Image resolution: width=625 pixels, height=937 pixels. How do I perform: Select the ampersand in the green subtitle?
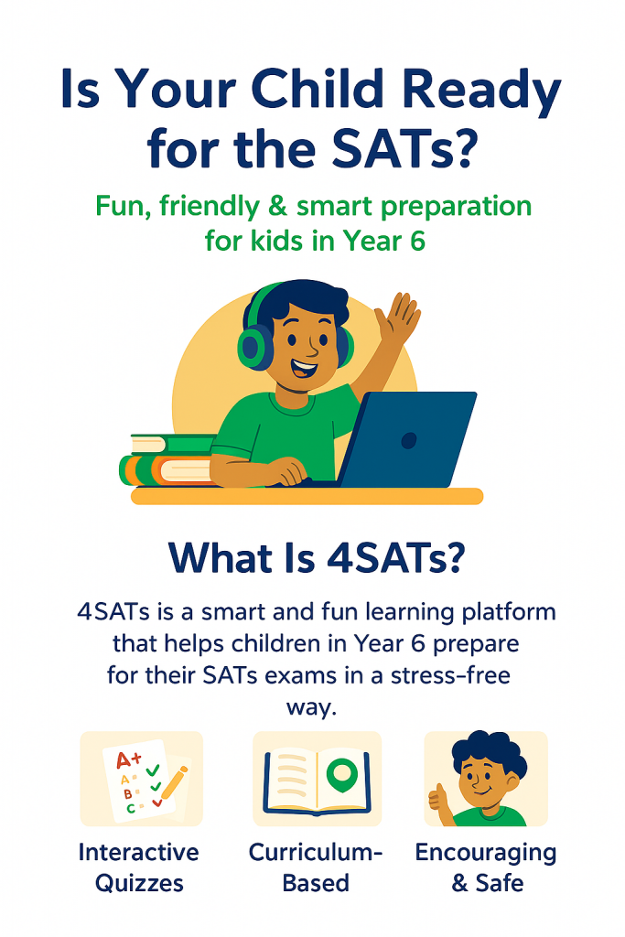(276, 206)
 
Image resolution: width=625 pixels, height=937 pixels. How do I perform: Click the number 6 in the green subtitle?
(417, 241)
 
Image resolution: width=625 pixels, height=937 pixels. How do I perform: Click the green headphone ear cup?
(252, 349)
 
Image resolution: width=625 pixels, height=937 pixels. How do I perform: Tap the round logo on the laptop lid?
(409, 441)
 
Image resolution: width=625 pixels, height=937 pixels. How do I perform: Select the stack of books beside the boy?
(169, 460)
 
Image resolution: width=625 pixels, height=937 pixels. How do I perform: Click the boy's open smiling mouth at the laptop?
(304, 367)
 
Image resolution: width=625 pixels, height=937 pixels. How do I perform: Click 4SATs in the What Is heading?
(395, 559)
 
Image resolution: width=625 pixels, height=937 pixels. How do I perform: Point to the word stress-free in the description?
(450, 676)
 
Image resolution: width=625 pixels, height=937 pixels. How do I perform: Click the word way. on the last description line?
(312, 708)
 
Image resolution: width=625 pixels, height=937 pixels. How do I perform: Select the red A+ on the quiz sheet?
(128, 759)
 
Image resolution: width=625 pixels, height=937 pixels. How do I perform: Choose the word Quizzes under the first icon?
(139, 883)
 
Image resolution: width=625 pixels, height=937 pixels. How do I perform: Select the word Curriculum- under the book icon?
(316, 853)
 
